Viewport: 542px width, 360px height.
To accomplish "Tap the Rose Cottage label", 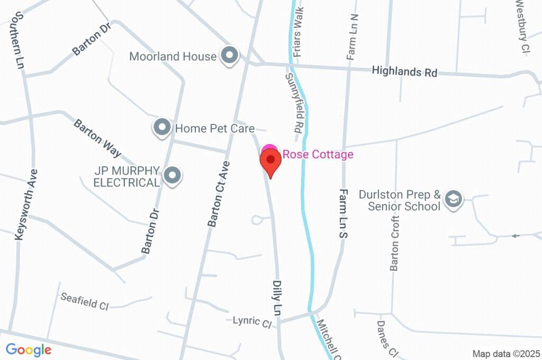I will click(318, 155).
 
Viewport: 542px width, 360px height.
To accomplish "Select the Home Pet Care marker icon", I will click(162, 128).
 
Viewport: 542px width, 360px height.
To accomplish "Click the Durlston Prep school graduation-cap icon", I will click(454, 200).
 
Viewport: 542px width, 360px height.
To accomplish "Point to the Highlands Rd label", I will click(404, 71).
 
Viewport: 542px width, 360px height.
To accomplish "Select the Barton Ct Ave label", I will click(219, 194).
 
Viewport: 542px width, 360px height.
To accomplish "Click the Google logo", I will click(28, 350).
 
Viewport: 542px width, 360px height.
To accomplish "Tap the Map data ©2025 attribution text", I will click(505, 354).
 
